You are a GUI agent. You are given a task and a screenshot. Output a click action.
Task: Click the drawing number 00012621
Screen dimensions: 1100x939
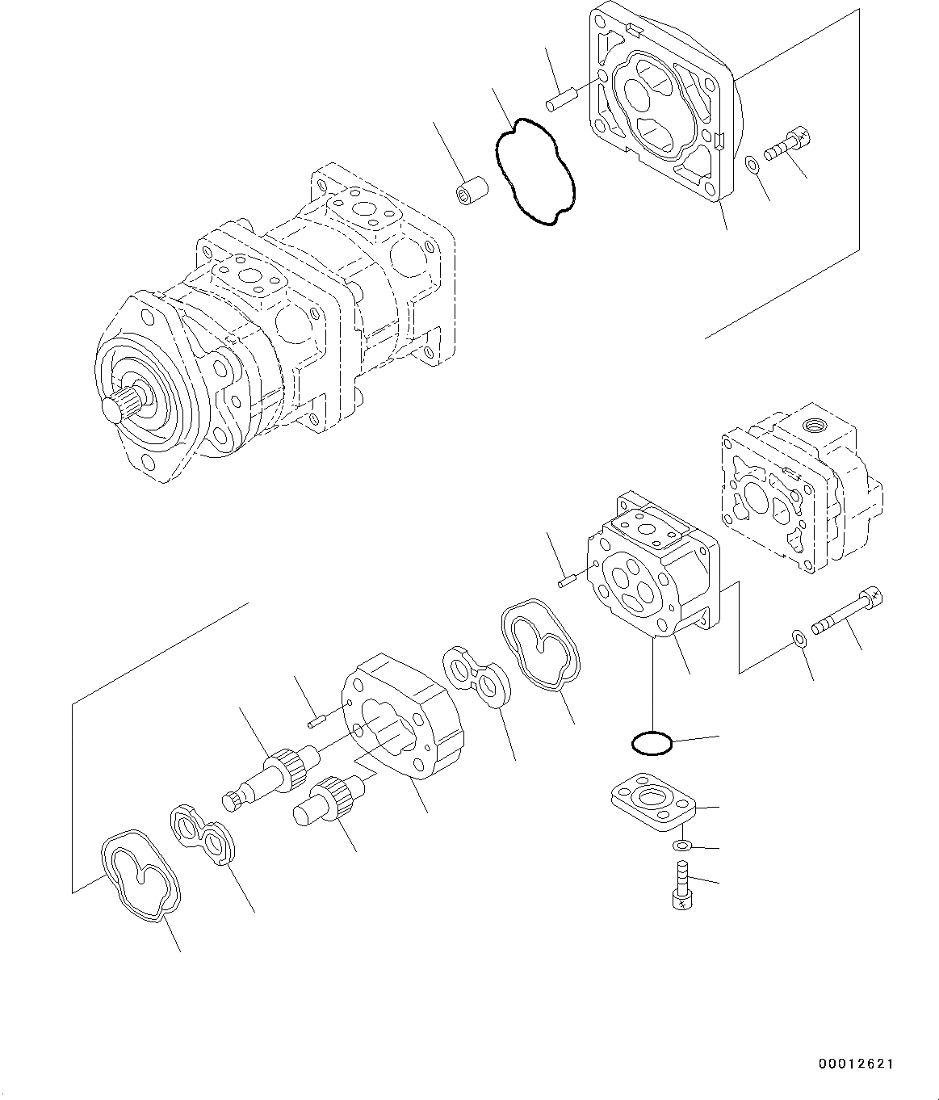point(853,1064)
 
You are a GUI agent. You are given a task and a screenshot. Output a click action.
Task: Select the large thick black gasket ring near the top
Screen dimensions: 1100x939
point(534,170)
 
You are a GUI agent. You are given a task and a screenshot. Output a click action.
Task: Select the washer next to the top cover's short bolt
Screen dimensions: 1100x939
point(752,165)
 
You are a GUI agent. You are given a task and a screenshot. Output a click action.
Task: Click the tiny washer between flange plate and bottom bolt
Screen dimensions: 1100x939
point(681,846)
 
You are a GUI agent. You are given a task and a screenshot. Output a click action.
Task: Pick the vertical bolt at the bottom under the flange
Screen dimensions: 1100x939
point(681,887)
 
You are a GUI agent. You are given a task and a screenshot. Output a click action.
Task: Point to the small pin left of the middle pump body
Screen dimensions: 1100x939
point(565,578)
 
